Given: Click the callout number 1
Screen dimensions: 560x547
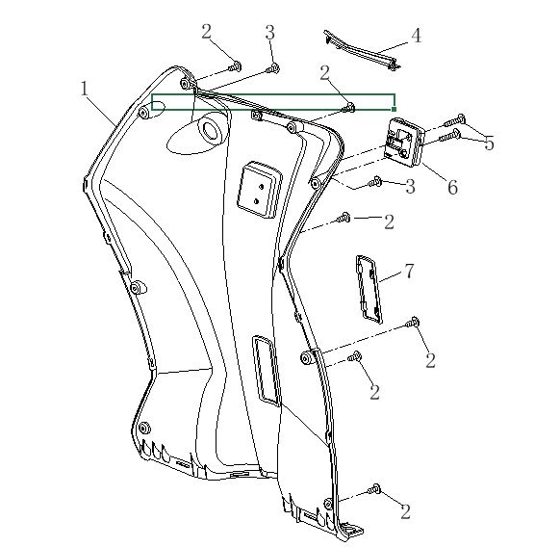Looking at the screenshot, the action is (85, 89).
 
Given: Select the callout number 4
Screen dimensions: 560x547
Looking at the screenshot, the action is (417, 36).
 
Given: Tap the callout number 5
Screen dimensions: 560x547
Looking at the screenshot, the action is (490, 143).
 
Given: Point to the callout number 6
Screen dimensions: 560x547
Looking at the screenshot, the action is (453, 188).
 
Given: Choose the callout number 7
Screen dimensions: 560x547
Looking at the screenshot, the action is (410, 271).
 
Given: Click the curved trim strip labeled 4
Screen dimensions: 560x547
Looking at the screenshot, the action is (362, 49).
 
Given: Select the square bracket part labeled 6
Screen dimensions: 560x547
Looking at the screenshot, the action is (403, 142).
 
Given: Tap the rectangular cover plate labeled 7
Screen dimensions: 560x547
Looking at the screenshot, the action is (369, 289).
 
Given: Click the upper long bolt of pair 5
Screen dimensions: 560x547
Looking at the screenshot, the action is (454, 120).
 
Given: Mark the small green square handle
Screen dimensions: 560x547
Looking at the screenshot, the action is (394, 109).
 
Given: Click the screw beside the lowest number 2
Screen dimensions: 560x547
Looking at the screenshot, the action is (373, 489).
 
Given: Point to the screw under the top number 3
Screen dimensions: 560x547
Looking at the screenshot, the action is (273, 68).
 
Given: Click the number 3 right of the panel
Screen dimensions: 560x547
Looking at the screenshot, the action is (410, 187).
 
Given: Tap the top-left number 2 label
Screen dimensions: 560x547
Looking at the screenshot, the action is (207, 32).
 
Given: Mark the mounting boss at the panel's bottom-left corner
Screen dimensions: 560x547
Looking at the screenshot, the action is (144, 428).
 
